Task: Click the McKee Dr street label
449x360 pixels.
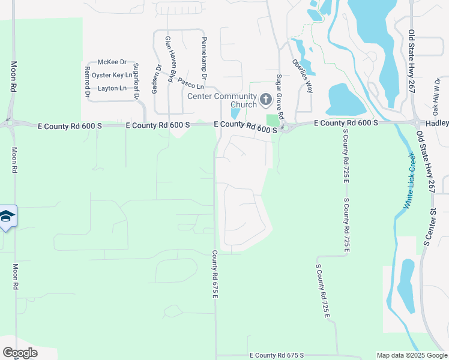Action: click(x=112, y=62)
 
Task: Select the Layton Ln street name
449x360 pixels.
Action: click(x=112, y=88)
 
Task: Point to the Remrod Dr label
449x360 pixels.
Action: click(x=87, y=82)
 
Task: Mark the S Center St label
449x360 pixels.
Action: click(x=429, y=227)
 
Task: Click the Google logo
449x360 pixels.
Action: click(x=20, y=352)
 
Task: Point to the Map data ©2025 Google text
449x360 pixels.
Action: click(x=411, y=355)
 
